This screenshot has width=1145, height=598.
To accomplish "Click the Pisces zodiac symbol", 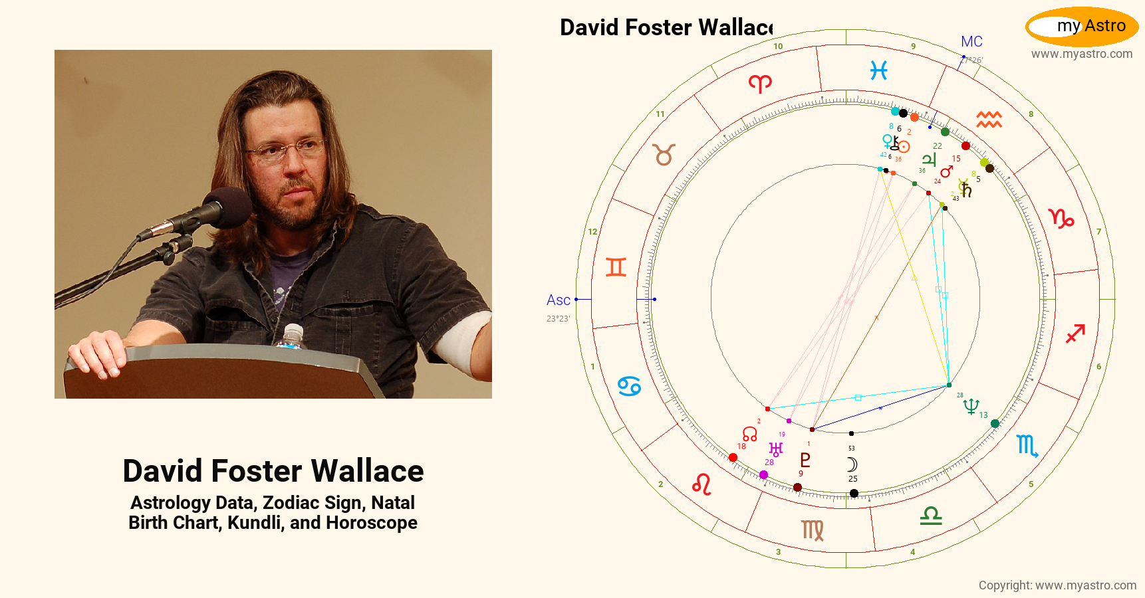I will click(x=878, y=70).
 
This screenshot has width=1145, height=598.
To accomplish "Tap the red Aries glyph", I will click(x=760, y=84).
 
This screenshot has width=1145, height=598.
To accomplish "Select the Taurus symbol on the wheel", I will click(x=664, y=155).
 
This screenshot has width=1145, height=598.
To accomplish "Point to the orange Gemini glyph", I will click(x=616, y=267).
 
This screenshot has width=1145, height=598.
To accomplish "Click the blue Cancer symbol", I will click(x=629, y=386).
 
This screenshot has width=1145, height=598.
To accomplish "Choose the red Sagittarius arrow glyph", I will click(x=1075, y=334).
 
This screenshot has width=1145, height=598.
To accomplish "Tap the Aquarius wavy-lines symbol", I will click(x=989, y=120).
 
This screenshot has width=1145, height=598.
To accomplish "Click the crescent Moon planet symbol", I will click(x=852, y=464).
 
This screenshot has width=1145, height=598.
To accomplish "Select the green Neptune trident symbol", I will click(x=971, y=406).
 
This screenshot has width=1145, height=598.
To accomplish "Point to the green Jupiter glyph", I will click(x=929, y=159).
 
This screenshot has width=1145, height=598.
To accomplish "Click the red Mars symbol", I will click(x=946, y=171).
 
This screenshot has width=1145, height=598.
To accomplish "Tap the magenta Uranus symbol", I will click(x=775, y=450).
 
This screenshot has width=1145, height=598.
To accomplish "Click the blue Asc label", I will click(x=558, y=300).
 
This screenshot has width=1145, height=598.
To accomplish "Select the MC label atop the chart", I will click(x=971, y=42).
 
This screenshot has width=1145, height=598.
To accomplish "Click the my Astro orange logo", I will click(x=1082, y=27).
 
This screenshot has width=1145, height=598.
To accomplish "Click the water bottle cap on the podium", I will click(x=293, y=329).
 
